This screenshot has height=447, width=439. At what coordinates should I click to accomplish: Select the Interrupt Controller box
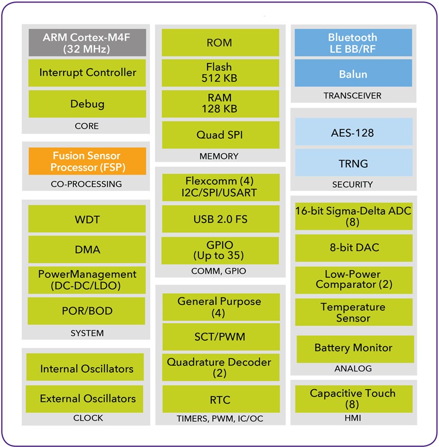(x=87, y=73)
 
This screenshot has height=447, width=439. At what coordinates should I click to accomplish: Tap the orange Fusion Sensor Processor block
(x=87, y=161)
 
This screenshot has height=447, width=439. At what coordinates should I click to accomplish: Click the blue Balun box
(x=353, y=74)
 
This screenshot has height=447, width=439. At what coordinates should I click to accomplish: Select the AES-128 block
(x=353, y=133)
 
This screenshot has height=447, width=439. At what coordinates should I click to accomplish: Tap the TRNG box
(x=353, y=164)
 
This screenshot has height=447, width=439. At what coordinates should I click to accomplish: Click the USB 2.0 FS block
(x=221, y=219)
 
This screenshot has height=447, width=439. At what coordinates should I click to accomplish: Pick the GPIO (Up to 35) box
(x=221, y=250)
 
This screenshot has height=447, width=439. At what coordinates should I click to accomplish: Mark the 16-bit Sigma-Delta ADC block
(x=353, y=216)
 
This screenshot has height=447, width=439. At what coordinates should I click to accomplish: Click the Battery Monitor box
(x=355, y=348)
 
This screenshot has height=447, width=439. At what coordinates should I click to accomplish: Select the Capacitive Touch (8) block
(x=353, y=398)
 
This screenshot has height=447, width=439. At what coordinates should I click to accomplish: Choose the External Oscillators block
(x=87, y=398)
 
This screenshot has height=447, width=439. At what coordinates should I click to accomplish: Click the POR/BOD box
(x=87, y=311)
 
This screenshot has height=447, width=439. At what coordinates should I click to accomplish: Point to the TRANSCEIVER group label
(x=352, y=95)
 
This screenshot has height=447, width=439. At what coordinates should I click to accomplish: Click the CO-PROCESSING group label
(x=86, y=184)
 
